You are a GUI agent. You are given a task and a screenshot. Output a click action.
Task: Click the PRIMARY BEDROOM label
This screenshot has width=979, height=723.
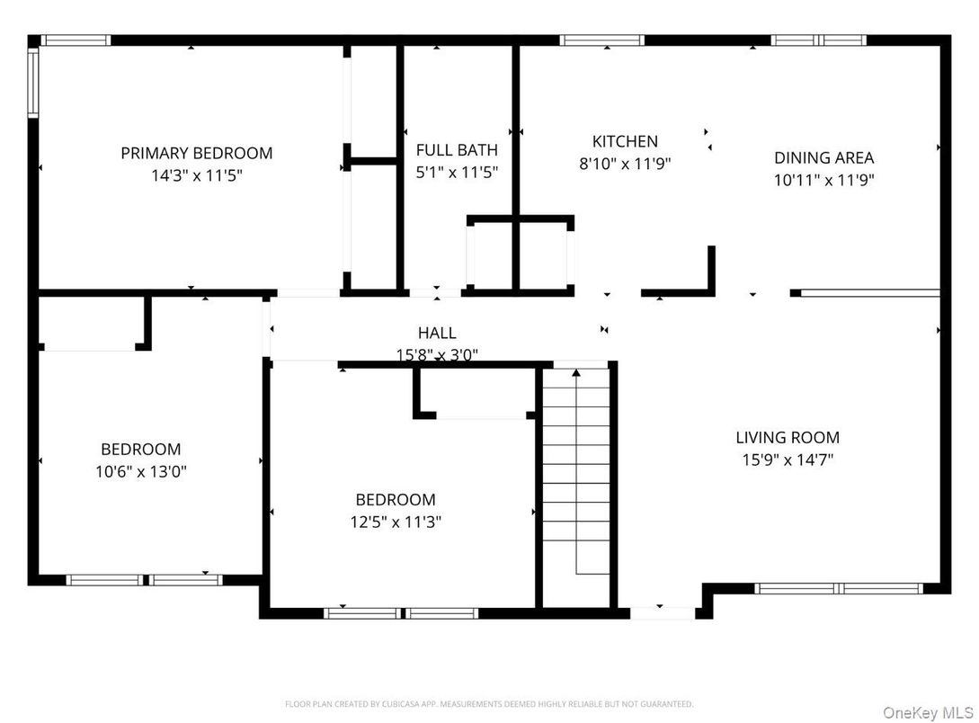click(196, 153)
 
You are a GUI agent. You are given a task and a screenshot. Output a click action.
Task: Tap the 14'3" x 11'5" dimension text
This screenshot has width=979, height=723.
click(196, 175)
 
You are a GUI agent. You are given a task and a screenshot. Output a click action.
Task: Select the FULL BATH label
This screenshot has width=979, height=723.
click(457, 149)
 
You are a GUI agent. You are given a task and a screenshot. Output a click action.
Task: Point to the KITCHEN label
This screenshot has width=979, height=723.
click(625, 141)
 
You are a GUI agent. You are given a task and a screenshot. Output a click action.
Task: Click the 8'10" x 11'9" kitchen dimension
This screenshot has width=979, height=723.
click(625, 164)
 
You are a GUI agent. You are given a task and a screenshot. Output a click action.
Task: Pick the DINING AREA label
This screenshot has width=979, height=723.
click(823, 157)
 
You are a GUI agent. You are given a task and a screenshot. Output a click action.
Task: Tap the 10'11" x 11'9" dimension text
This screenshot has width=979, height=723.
click(823, 180)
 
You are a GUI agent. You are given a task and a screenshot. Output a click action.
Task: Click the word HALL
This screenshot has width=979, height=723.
click(437, 334)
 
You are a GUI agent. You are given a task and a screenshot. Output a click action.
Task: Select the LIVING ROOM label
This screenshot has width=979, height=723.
click(788, 438)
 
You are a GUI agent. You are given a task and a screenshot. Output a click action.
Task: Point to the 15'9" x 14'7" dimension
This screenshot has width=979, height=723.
click(788, 460)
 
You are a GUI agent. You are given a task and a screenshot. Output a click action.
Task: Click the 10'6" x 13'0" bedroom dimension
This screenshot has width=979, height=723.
click(140, 471)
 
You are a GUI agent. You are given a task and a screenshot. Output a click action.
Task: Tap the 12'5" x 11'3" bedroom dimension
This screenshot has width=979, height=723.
click(396, 522)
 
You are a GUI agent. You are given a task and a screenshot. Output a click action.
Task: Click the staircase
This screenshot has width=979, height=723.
click(576, 486)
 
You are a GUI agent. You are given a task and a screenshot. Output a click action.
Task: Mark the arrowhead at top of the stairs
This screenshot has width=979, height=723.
click(576, 372)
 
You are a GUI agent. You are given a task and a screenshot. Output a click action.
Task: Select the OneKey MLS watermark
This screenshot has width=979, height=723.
click(926, 712)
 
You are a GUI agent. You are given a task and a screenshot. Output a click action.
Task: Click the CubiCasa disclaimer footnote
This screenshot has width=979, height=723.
click(489, 704)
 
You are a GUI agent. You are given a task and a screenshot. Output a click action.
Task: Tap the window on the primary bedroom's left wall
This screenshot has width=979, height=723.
click(33, 83)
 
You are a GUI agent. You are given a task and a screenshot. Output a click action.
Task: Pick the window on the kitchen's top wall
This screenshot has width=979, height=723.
click(601, 40)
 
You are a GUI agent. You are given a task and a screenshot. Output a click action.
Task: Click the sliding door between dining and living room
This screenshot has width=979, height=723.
click(869, 292)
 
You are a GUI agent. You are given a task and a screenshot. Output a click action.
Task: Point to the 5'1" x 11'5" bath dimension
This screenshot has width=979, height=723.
click(457, 172)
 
